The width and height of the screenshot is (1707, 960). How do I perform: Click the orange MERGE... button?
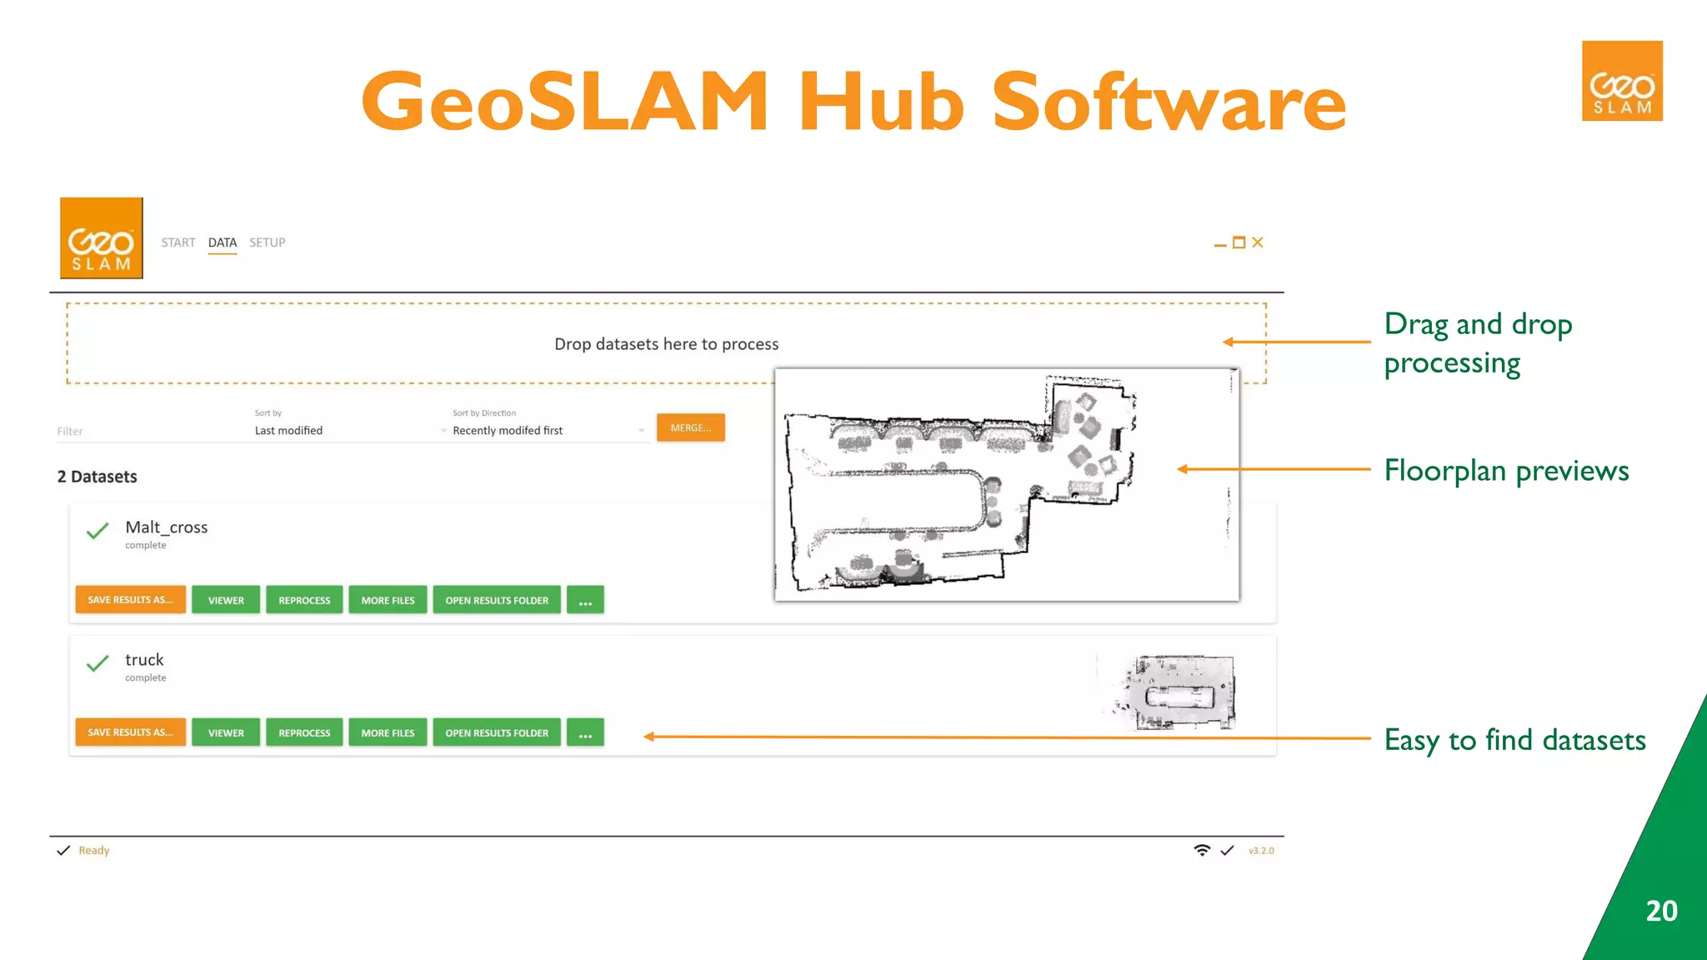click(x=690, y=427)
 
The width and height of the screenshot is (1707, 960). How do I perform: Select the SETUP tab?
click(x=267, y=242)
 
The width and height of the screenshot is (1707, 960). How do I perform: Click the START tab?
click(x=178, y=242)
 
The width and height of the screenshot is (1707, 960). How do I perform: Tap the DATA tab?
click(x=223, y=242)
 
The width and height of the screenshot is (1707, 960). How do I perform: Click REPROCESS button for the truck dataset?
click(x=304, y=732)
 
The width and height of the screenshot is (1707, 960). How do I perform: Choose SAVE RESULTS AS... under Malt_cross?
click(x=130, y=600)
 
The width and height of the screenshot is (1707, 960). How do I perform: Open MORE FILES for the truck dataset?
click(x=388, y=732)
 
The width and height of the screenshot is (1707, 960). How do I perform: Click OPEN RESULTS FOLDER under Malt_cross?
click(x=497, y=600)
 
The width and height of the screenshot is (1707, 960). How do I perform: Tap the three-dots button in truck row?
click(x=585, y=732)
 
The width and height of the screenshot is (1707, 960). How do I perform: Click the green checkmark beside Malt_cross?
click(x=98, y=531)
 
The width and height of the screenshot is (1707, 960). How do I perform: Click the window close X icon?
click(x=1258, y=242)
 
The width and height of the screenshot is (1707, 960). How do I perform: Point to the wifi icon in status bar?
click(x=1202, y=850)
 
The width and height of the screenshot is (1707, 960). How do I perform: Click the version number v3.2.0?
click(x=1261, y=851)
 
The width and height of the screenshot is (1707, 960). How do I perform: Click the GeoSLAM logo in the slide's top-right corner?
click(x=1622, y=81)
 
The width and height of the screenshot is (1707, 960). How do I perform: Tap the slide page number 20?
click(x=1661, y=911)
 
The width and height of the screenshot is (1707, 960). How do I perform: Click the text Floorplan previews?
click(x=1506, y=471)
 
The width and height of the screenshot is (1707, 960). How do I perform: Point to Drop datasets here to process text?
click(x=666, y=344)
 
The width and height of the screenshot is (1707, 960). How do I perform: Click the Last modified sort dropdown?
click(x=350, y=431)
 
